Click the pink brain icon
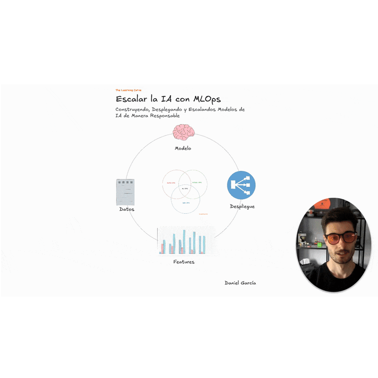(183, 133)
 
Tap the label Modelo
(183, 148)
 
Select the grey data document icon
(125, 192)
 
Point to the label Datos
(126, 209)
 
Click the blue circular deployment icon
(241, 185)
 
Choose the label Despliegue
(242, 206)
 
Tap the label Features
(184, 262)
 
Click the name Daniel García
(240, 283)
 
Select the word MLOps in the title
(204, 99)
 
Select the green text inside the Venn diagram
(197, 182)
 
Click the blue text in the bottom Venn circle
(186, 203)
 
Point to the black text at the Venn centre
(185, 188)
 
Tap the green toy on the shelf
(319, 244)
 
